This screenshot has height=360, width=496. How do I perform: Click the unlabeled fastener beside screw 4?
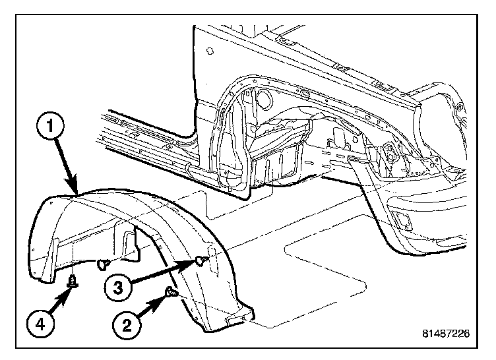(x=102, y=264)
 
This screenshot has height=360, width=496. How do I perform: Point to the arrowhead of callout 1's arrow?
(x=77, y=192)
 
